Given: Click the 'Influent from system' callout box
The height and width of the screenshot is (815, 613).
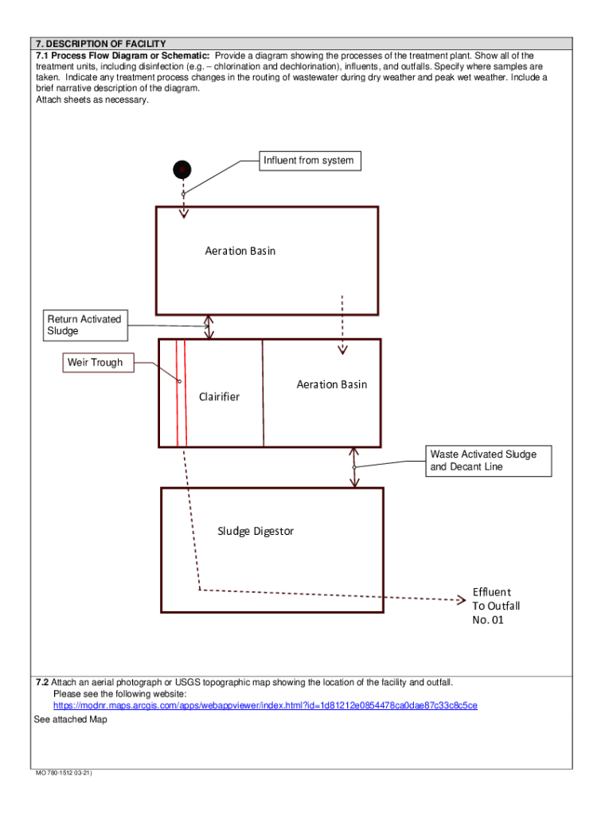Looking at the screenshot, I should (x=308, y=161).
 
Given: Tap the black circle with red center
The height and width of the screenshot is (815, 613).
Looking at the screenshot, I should (x=182, y=169).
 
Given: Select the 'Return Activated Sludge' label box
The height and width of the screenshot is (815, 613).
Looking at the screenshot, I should (x=84, y=325).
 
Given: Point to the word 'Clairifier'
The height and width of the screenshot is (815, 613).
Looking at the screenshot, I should (x=219, y=397).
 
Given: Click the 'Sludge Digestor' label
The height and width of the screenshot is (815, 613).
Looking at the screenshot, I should (x=256, y=531).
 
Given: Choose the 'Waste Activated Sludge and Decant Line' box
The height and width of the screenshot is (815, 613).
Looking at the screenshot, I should (x=487, y=461).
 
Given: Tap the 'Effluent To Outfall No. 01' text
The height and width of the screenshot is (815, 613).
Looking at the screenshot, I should (x=495, y=606).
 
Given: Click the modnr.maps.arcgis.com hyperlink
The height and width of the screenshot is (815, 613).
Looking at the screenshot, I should (x=265, y=706).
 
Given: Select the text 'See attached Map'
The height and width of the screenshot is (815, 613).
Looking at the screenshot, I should (x=70, y=719).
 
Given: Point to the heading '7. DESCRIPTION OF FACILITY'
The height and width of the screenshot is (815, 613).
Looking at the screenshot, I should (x=100, y=43).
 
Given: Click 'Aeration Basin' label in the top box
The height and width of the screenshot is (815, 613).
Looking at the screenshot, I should (x=240, y=251).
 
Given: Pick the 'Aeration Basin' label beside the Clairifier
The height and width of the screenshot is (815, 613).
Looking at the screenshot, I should (x=332, y=384).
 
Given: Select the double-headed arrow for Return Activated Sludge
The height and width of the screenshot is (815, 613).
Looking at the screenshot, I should (x=209, y=326).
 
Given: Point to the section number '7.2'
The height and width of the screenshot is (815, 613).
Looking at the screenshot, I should (x=42, y=683).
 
